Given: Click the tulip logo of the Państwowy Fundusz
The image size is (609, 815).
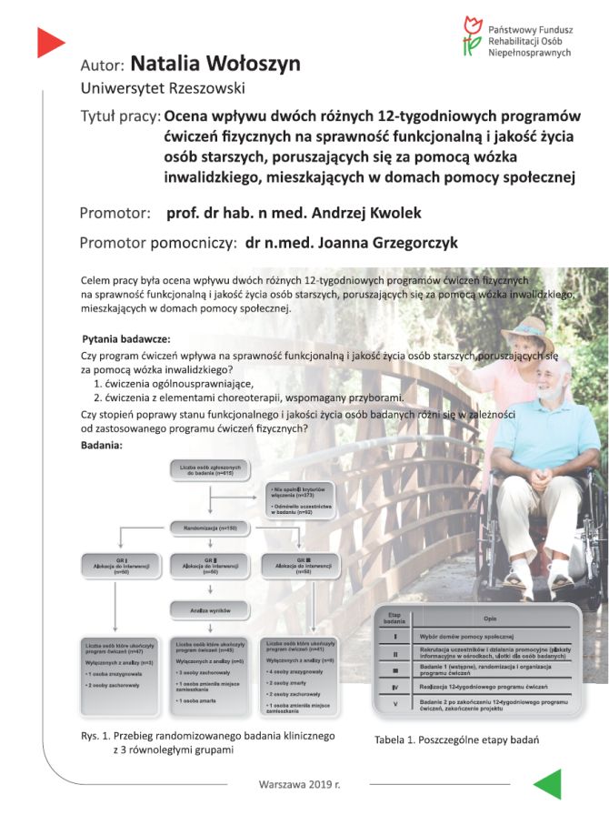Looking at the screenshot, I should pyautogui.click(x=472, y=35).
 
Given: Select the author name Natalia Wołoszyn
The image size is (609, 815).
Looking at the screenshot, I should pyautogui.click(x=215, y=64).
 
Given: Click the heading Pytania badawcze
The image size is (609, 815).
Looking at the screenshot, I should pyautogui.click(x=125, y=338).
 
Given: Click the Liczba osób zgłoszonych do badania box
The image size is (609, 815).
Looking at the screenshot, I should pyautogui.click(x=212, y=470).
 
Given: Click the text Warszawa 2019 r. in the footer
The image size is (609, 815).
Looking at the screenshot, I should pyautogui.click(x=296, y=783).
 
